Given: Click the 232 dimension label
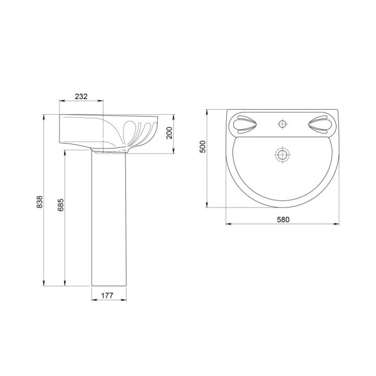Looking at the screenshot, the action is [81, 97].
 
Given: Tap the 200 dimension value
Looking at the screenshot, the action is [170, 133].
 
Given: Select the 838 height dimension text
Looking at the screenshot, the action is [39, 202].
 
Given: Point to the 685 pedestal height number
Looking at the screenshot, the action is [61, 205].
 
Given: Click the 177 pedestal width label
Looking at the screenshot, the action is [107, 296].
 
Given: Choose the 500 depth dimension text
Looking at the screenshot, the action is [202, 147].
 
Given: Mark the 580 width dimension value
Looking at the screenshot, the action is [283, 220].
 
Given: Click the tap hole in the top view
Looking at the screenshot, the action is [283, 124].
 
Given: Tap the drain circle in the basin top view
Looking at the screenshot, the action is [283, 154].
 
